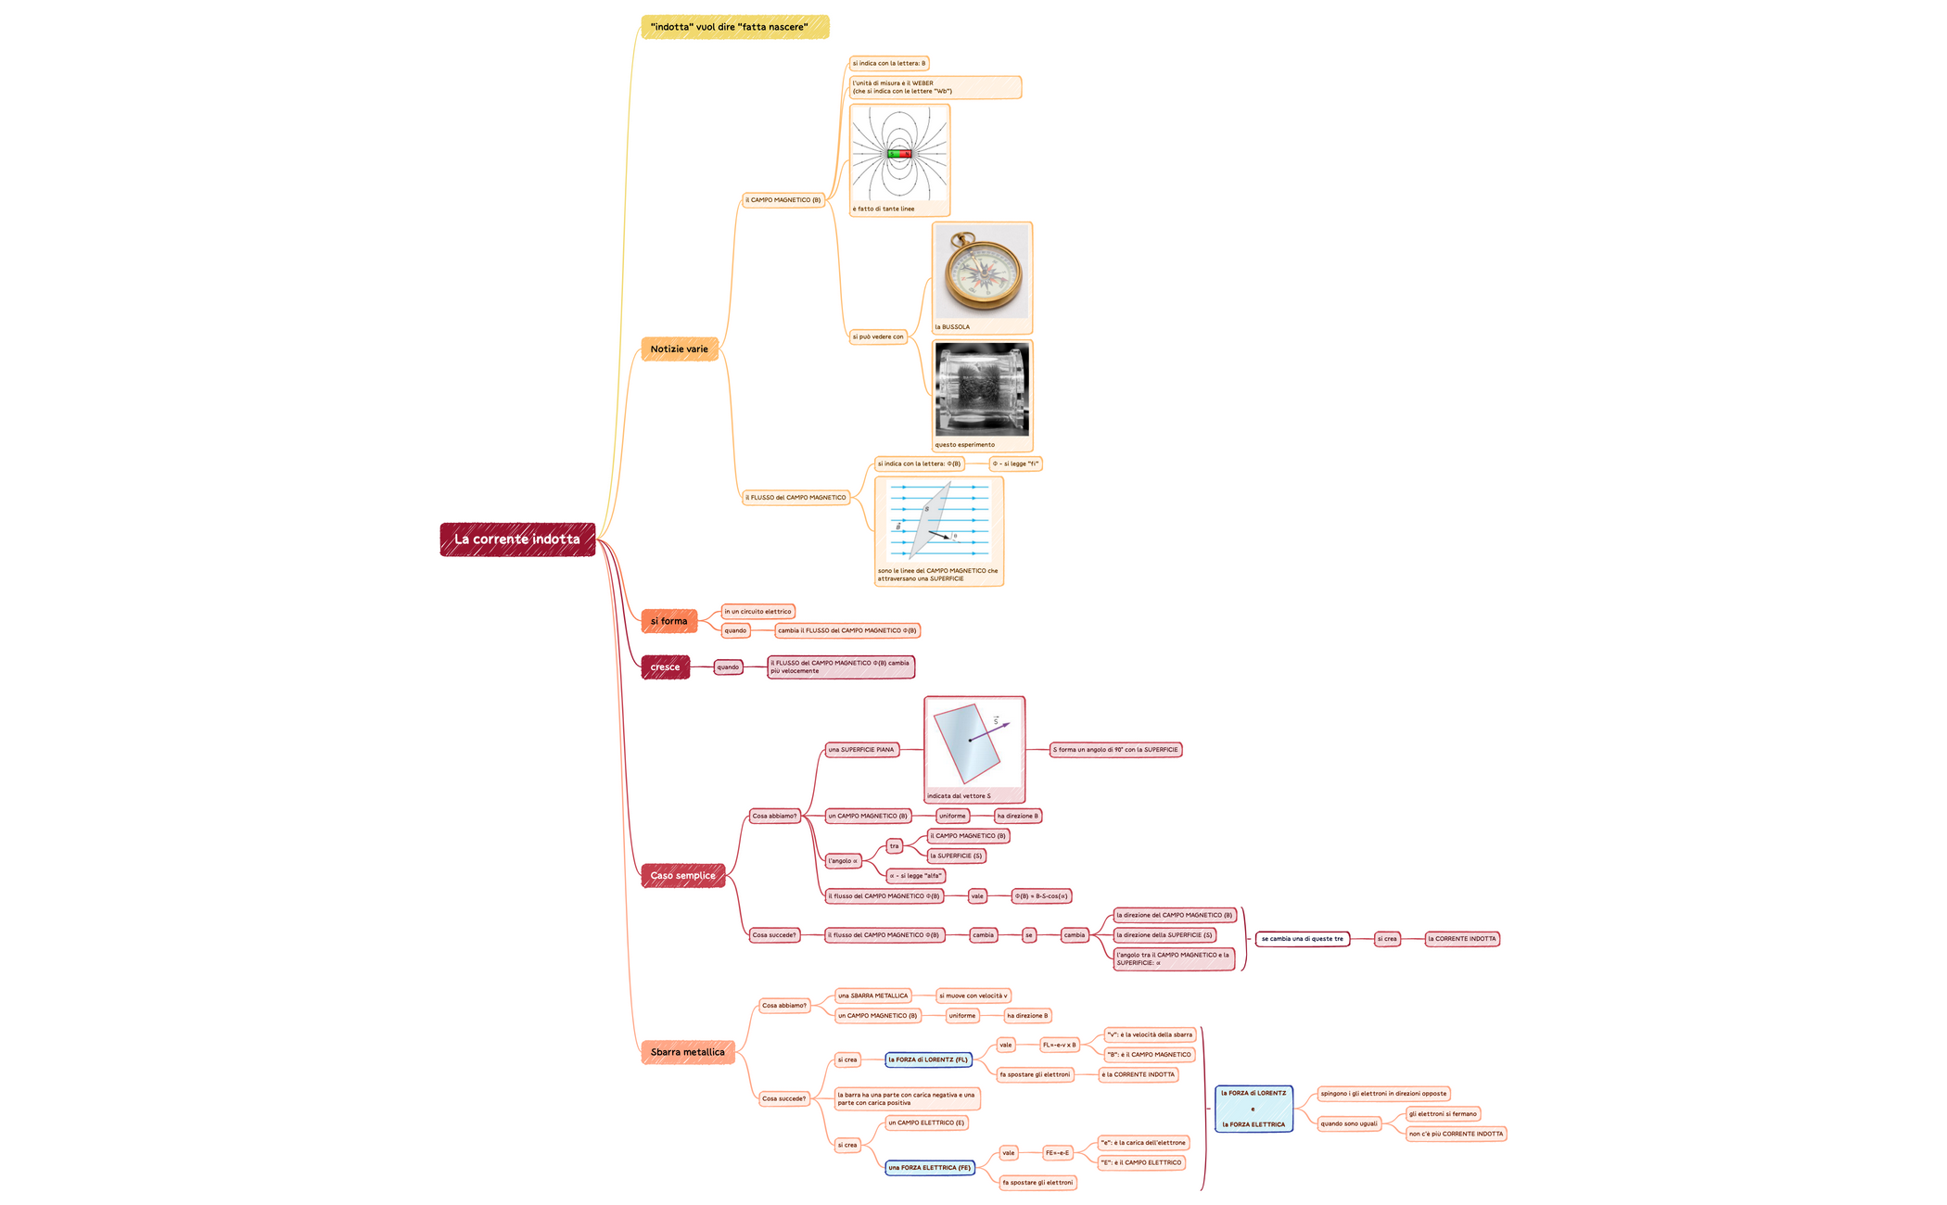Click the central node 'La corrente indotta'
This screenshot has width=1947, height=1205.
pos(517,539)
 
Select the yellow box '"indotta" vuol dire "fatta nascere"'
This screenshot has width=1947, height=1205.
pos(734,27)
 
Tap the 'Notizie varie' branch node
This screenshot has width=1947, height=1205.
pos(679,349)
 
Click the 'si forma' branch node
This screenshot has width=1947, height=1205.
pos(668,621)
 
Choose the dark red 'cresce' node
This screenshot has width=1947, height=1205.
pos(665,667)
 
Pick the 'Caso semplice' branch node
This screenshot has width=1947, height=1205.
pos(682,876)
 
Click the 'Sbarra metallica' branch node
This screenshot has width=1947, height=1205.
pos(687,1052)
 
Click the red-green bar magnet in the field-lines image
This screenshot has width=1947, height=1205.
pos(899,154)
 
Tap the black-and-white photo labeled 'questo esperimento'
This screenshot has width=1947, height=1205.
pos(982,389)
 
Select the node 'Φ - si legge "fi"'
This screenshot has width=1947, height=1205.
pos(1015,463)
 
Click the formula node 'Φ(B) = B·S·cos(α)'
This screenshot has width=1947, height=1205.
pos(1041,896)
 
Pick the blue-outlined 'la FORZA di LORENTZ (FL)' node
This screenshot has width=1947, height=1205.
pos(927,1059)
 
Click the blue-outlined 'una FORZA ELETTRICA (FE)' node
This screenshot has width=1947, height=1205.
pos(929,1168)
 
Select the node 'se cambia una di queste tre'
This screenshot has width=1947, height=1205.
pos(1302,939)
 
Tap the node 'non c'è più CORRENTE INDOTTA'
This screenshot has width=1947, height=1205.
pos(1456,1134)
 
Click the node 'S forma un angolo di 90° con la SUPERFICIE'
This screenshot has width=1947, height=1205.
pos(1115,750)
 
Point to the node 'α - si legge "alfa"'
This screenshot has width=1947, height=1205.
pos(915,876)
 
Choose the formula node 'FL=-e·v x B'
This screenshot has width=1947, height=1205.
pos(1060,1045)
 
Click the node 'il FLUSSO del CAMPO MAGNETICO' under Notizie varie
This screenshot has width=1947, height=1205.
pos(795,498)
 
